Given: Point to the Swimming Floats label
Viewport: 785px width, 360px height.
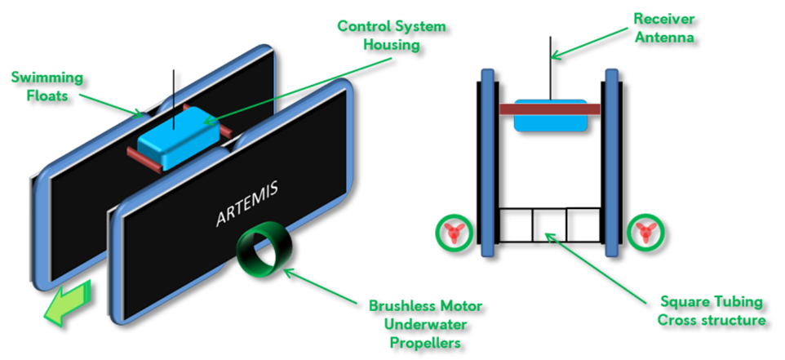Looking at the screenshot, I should pos(47,87).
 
